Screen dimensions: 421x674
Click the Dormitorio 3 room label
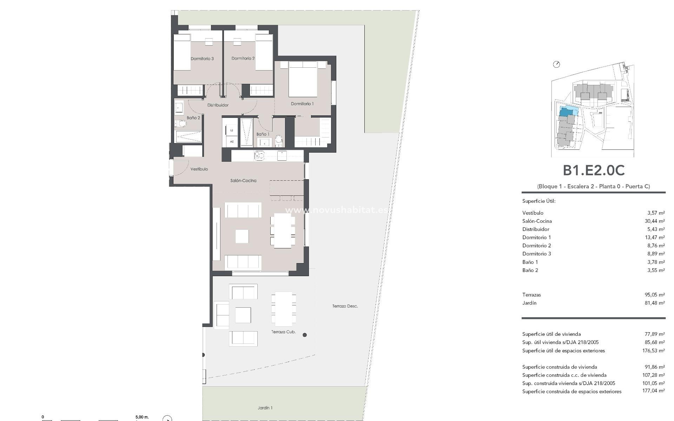click(x=202, y=59)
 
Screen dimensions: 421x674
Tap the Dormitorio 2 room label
click(x=243, y=58)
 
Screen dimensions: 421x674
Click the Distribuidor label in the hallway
click(x=218, y=105)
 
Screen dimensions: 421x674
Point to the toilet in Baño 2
click(x=181, y=123)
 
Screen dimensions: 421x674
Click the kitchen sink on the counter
click(x=259, y=155)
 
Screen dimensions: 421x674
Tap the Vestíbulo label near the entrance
click(x=199, y=169)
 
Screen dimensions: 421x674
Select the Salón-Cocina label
click(x=243, y=181)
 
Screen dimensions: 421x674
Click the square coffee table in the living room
click(x=242, y=236)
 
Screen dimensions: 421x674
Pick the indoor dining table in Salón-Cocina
click(x=282, y=230)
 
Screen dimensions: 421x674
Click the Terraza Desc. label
click(x=345, y=306)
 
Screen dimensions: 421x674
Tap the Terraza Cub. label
click(x=283, y=332)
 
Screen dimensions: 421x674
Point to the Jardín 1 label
click(x=265, y=408)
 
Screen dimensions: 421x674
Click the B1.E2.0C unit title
click(x=594, y=171)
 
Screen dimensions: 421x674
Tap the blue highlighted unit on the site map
click(x=564, y=112)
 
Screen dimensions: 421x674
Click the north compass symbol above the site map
click(x=556, y=64)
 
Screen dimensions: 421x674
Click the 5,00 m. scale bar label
click(x=142, y=417)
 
